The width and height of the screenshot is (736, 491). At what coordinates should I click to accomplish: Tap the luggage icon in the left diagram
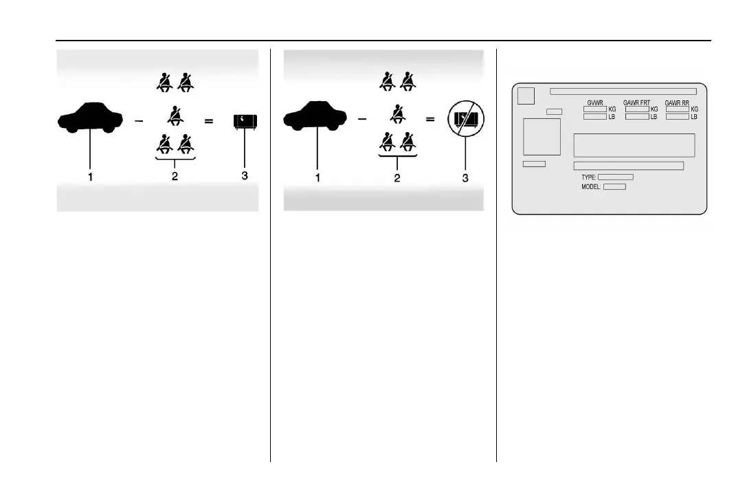tap(244, 122)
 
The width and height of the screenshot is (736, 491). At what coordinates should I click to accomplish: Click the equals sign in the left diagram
tap(209, 121)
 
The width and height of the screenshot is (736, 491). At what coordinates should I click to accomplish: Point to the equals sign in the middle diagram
tap(431, 119)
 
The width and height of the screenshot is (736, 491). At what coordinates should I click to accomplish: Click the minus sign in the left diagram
tap(140, 121)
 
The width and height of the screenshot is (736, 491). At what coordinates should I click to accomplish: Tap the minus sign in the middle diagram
tap(362, 119)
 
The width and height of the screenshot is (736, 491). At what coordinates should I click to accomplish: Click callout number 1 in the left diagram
tap(90, 176)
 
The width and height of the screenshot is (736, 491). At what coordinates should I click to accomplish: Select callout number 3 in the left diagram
tap(244, 176)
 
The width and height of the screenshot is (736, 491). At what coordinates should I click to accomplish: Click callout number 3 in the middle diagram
tap(465, 178)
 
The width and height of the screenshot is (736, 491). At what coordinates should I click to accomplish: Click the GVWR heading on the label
tap(594, 102)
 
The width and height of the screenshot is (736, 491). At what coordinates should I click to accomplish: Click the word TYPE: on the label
tap(589, 177)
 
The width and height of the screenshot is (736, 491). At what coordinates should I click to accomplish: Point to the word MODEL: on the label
tap(591, 186)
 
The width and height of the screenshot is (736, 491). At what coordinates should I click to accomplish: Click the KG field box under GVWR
tap(594, 109)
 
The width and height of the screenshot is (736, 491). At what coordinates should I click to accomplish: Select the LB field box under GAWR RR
tap(678, 117)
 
